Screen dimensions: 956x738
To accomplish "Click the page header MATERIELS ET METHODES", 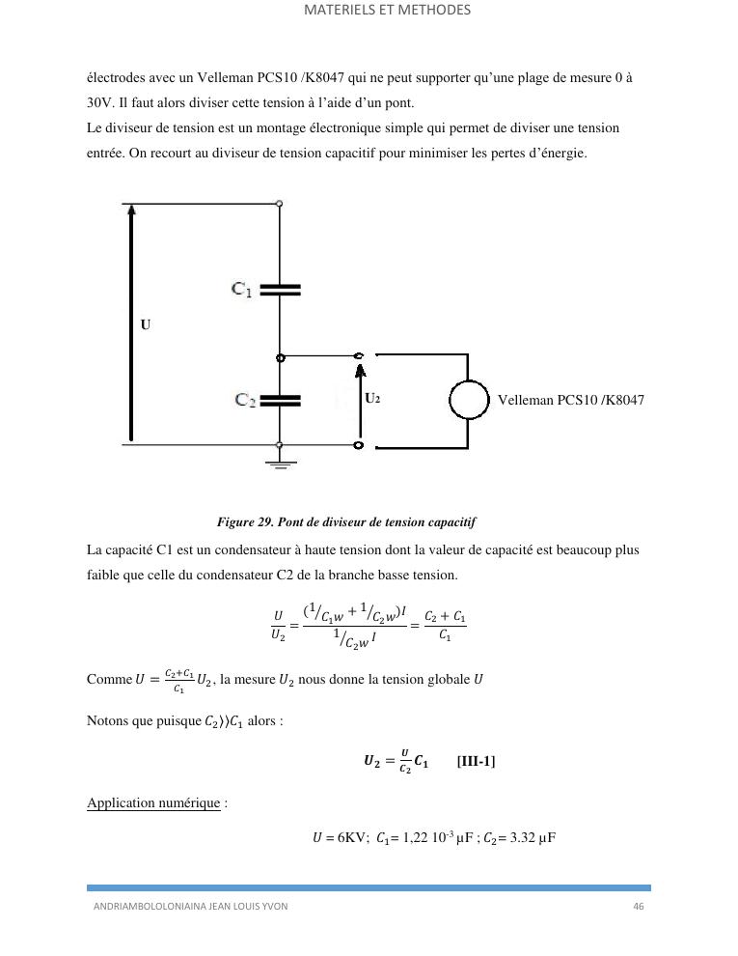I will tap(387, 11).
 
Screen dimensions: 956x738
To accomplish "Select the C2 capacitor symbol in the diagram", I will tap(280, 398).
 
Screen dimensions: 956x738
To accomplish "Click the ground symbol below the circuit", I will tap(280, 463).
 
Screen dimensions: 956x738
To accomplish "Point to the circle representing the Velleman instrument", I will tap(470, 399).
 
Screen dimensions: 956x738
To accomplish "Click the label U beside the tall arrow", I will tap(146, 324).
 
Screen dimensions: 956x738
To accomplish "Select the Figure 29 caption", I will tap(346, 521).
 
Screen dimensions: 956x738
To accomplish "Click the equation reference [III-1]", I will tap(476, 761).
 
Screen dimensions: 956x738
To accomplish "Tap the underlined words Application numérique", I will tap(153, 802).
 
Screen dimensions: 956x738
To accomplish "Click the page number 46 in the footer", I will tap(638, 907).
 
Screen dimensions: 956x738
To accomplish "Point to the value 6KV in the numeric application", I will tap(335, 838).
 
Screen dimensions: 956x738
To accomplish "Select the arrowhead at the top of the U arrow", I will tap(131, 210).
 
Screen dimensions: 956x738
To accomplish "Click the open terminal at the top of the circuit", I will tap(280, 204).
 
